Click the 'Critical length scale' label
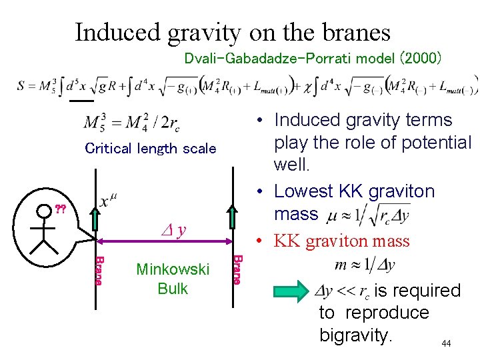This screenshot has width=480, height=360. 151,149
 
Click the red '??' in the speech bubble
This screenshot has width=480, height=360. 59,209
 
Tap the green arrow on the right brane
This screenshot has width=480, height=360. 233,217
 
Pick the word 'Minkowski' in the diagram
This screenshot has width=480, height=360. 173,270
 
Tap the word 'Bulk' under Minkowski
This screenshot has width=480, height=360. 173,289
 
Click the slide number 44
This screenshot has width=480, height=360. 446,343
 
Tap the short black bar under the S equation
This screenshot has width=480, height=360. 81,101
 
